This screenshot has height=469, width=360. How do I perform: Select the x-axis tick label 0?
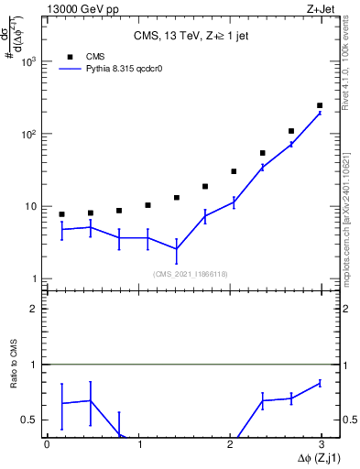pos(47,444)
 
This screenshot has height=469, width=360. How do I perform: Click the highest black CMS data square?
pos(320,105)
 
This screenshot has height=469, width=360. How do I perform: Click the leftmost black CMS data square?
pos(61,214)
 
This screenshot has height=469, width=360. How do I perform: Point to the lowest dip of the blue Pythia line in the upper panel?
pos(176,248)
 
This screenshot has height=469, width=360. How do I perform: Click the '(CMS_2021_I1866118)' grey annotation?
pos(191,273)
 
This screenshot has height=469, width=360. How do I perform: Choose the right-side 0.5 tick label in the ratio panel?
pos(348,420)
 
